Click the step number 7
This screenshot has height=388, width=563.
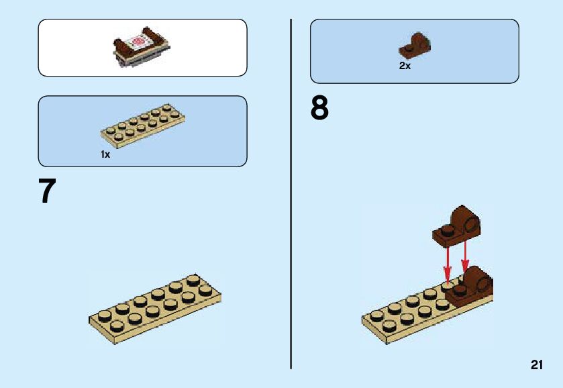[x=46, y=191]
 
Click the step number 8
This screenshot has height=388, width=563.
[x=320, y=109]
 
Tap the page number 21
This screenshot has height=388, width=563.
[x=536, y=365]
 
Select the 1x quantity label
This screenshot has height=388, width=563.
[x=105, y=154]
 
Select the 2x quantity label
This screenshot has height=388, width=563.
[x=405, y=66]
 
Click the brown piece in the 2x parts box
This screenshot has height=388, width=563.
[x=415, y=45]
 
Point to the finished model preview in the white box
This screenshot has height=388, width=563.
[x=141, y=48]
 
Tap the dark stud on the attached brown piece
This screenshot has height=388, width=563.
[x=460, y=290]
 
